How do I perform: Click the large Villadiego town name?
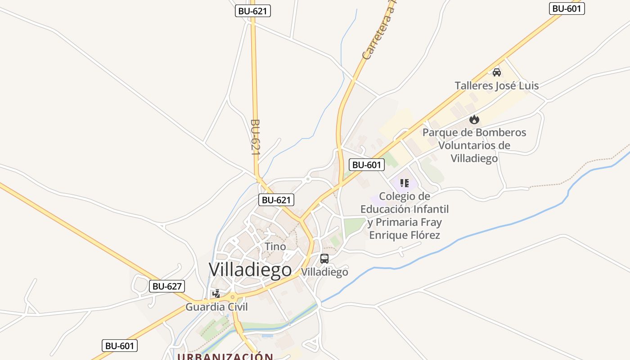pyautogui.click(x=250, y=269)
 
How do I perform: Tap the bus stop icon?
pyautogui.click(x=324, y=259)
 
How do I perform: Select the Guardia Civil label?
pyautogui.click(x=216, y=307)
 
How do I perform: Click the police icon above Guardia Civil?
pyautogui.click(x=216, y=294)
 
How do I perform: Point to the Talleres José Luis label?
pyautogui.click(x=496, y=85)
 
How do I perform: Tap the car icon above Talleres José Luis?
pyautogui.click(x=497, y=72)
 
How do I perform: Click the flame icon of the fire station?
pyautogui.click(x=474, y=119)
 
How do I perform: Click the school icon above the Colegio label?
pyautogui.click(x=404, y=183)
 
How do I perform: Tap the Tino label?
pyautogui.click(x=275, y=246)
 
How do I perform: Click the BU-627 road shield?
pyautogui.click(x=167, y=286)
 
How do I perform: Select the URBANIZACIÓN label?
pyautogui.click(x=225, y=356)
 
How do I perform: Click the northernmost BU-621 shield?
pyautogui.click(x=253, y=11)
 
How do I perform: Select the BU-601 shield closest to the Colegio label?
pyautogui.click(x=367, y=165)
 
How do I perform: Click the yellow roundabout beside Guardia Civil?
pyautogui.click(x=233, y=297)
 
